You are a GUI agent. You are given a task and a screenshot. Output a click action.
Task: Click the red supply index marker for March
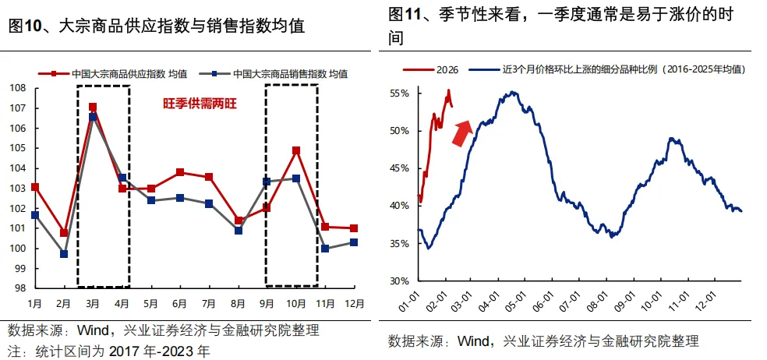(x=93, y=108)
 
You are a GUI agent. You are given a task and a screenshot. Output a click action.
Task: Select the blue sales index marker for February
(x=64, y=254)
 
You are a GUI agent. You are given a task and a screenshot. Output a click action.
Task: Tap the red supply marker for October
(x=296, y=150)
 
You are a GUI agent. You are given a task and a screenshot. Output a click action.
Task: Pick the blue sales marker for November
(x=325, y=249)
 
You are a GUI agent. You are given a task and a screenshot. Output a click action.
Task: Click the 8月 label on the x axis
(x=238, y=302)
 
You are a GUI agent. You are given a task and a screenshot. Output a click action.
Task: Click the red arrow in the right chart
(x=462, y=132)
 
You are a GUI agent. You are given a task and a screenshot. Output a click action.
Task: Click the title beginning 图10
(x=156, y=26)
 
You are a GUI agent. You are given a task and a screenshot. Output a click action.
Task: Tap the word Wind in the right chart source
(x=473, y=341)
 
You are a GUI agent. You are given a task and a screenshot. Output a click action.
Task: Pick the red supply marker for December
(x=354, y=228)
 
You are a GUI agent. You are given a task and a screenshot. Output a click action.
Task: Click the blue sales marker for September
(x=267, y=182)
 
